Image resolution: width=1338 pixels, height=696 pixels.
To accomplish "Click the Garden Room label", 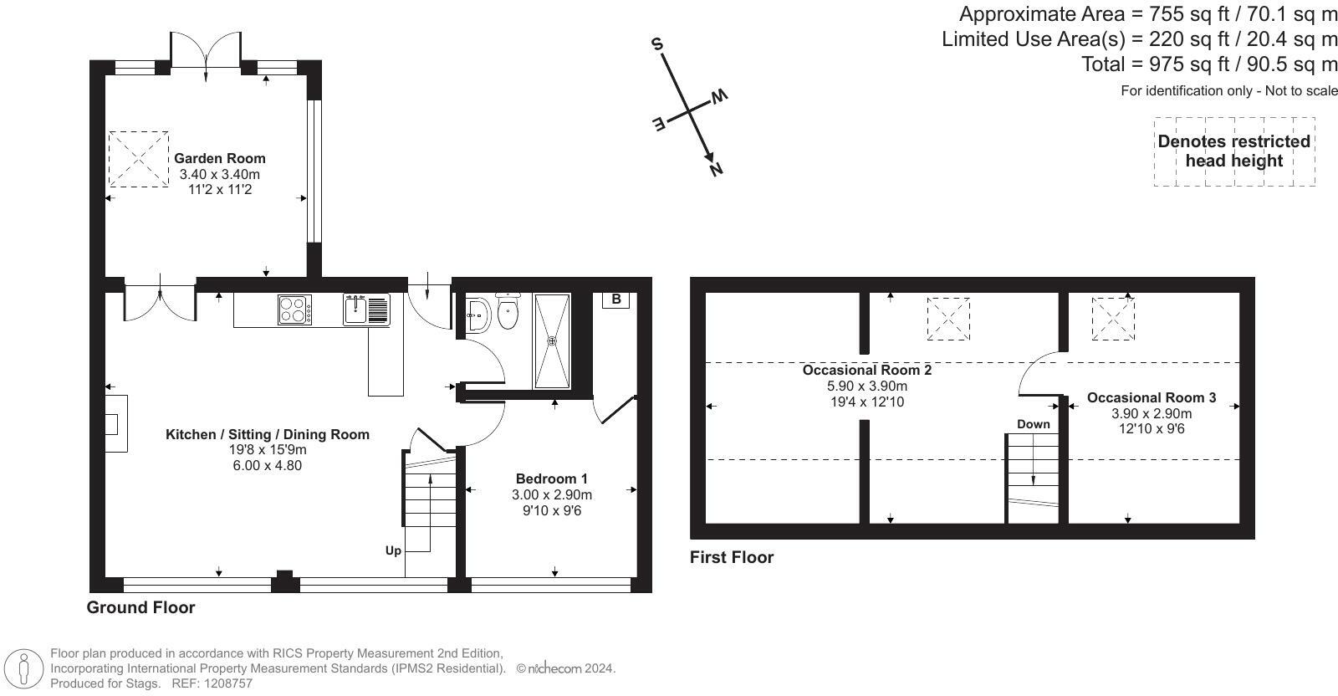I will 219,158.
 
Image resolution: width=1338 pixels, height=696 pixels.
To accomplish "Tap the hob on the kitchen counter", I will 294,310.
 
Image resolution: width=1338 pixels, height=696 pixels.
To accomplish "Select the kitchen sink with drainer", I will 366,310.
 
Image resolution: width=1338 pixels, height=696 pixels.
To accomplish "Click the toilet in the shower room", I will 508,313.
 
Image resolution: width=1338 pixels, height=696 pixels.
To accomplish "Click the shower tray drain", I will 552,340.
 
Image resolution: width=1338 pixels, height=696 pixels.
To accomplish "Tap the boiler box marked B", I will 615,299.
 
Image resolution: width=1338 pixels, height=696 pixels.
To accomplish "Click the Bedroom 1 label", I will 551,478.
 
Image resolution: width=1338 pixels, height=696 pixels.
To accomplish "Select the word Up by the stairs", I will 393,550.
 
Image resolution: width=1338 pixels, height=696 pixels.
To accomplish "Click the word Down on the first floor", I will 1033,424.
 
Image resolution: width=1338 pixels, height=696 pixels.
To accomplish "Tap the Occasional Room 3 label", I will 1151,398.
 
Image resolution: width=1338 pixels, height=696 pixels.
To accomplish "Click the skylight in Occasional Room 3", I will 1113,318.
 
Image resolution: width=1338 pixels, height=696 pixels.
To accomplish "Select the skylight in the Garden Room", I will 138,158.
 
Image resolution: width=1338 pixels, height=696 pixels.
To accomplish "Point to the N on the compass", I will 716,170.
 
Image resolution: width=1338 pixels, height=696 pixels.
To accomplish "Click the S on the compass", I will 658,44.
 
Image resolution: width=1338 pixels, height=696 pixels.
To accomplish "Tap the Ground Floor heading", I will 140,607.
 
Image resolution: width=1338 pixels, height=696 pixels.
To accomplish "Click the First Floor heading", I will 732,557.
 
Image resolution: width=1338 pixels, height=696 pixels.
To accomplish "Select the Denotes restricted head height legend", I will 1233,151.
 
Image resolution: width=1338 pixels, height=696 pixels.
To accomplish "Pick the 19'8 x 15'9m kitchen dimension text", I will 267,450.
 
